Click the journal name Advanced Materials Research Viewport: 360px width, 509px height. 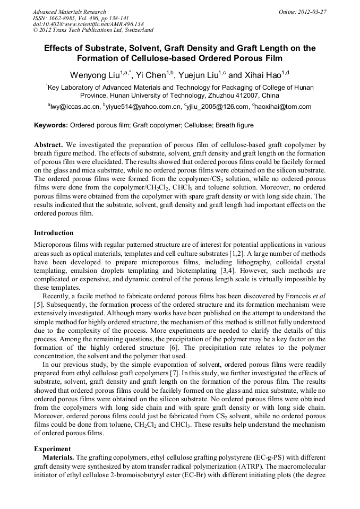point(70,12)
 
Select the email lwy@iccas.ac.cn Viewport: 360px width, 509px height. point(75,107)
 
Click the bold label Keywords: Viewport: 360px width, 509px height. point(50,125)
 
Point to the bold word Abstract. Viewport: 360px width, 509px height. point(48,144)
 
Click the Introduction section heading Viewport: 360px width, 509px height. point(54,232)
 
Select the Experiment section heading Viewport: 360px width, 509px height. point(53,448)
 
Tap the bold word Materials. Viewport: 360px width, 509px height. point(58,457)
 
